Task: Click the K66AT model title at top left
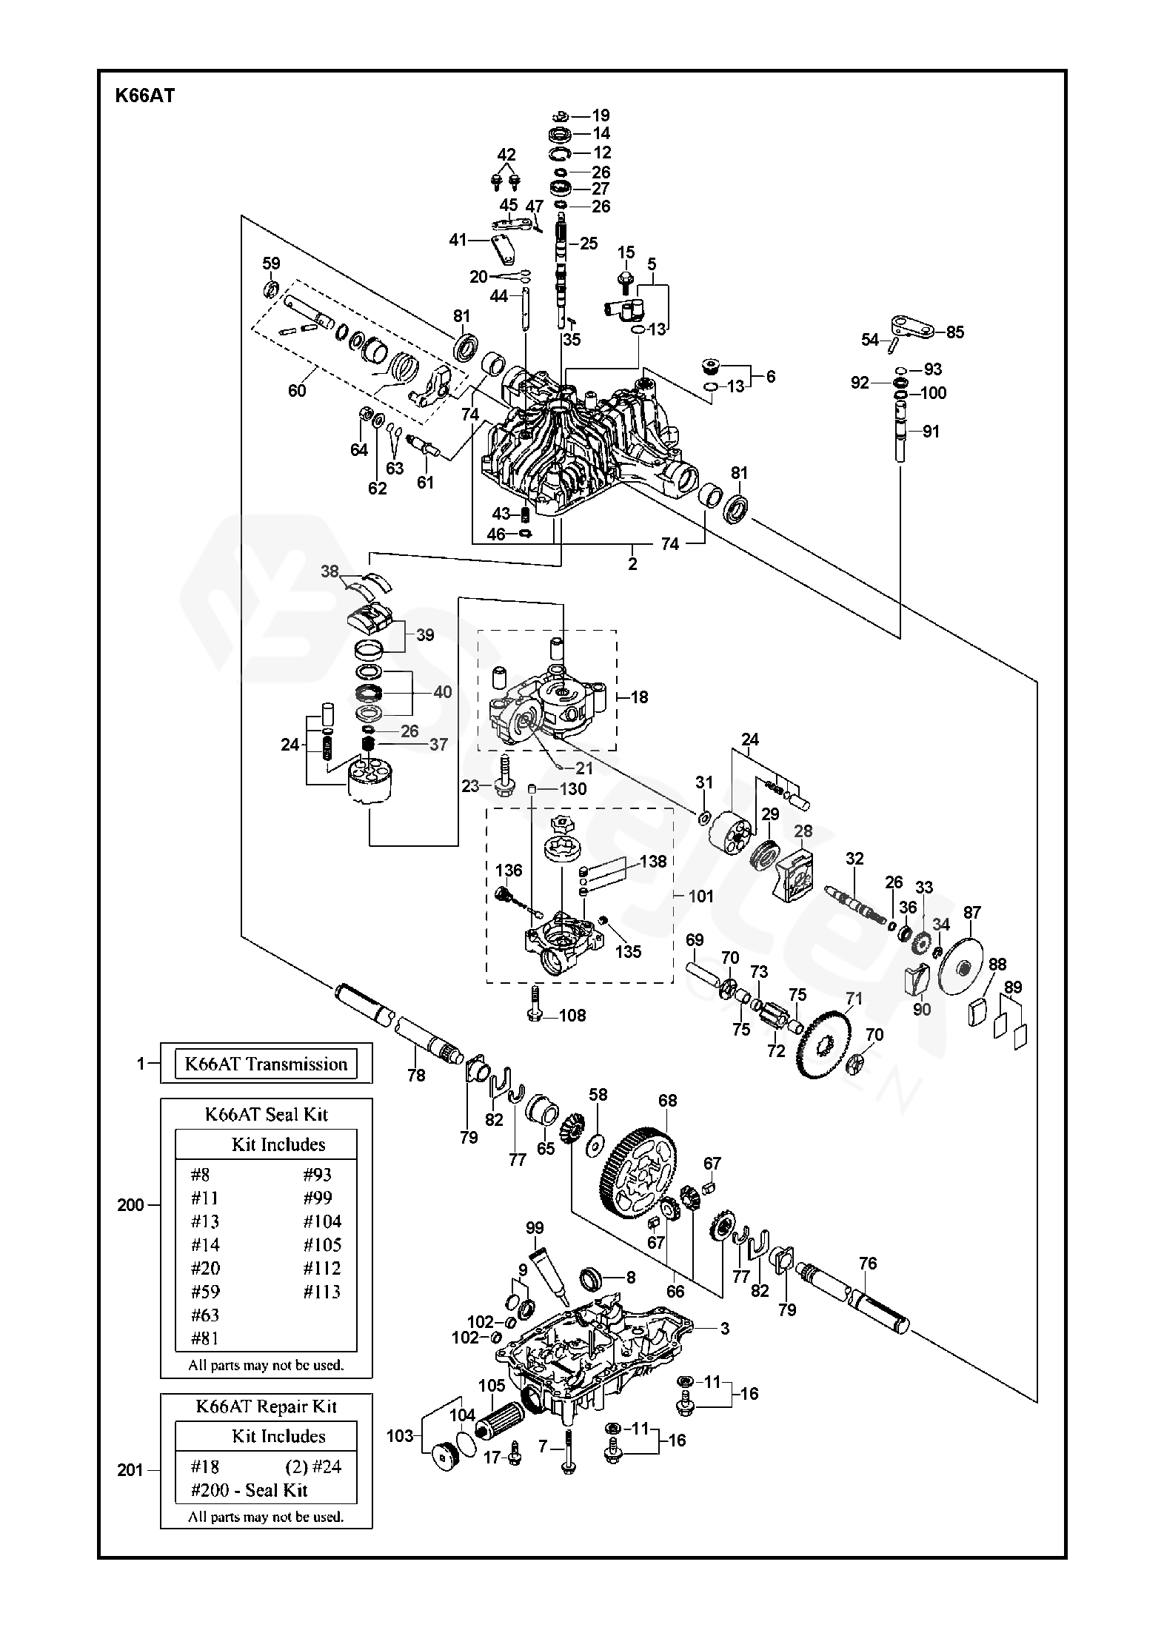(144, 95)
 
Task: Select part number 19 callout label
(601, 115)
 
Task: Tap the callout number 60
(297, 390)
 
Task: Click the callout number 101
(700, 896)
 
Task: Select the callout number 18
(639, 697)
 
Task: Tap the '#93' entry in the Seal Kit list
(318, 1174)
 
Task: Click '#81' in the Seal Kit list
(205, 1338)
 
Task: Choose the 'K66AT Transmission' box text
(266, 1064)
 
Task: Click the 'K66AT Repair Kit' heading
(266, 1406)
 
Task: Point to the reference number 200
(131, 1205)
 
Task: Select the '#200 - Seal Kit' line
(249, 1490)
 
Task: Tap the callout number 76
(868, 1263)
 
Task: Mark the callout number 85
(955, 332)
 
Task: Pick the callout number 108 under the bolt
(572, 1015)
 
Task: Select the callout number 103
(401, 1436)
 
